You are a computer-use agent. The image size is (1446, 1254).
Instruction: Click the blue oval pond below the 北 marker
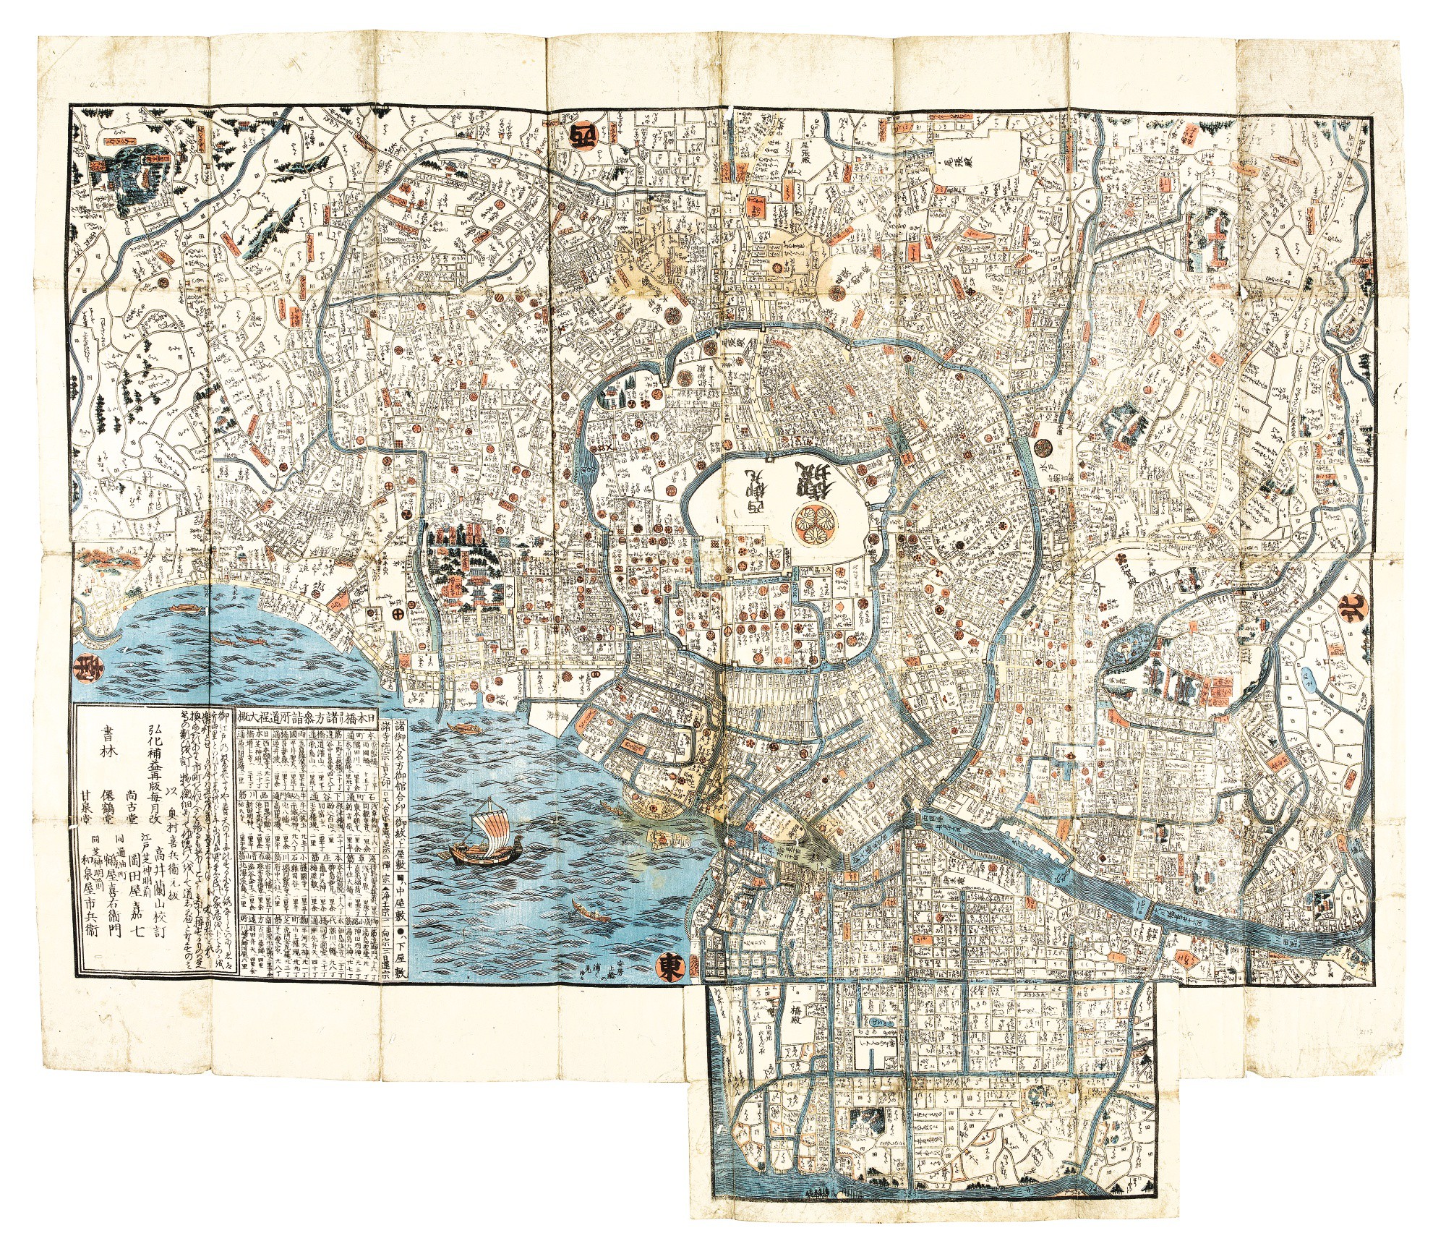pyautogui.click(x=1307, y=677)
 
